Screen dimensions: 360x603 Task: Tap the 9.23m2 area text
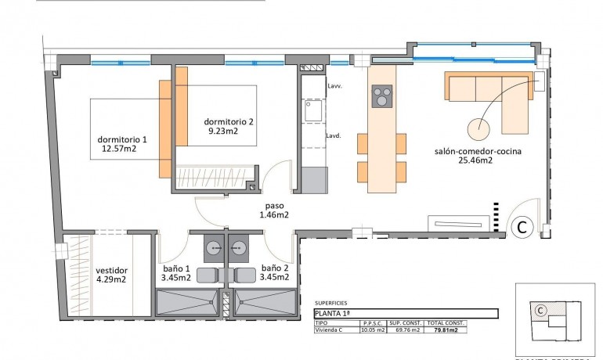[x=223, y=131]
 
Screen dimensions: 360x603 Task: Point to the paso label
[x=274, y=205]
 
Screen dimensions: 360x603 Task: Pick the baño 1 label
[x=175, y=266]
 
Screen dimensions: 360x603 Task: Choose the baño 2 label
[x=275, y=266]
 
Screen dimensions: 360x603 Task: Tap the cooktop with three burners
[x=382, y=97]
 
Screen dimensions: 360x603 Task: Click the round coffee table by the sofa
[x=478, y=127]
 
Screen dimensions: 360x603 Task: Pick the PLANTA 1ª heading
[x=332, y=314]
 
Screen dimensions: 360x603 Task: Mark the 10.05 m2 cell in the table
[x=372, y=330]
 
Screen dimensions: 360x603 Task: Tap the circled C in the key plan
[x=540, y=310]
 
